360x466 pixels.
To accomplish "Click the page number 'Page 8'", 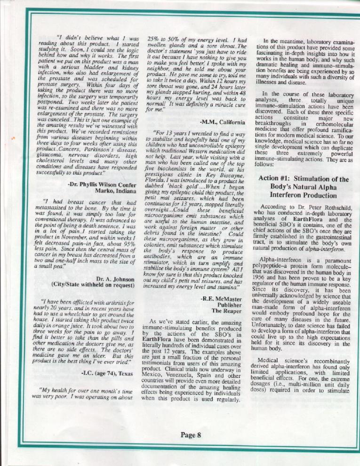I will [x=191, y=435].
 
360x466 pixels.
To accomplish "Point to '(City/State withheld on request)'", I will [x=96, y=285].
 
